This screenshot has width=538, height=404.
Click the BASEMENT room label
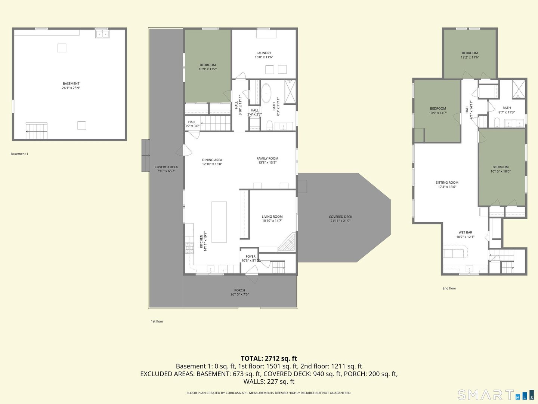(71, 84)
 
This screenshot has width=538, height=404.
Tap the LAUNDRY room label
(264, 53)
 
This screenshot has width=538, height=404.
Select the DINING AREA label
(212, 160)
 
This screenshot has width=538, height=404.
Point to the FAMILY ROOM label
(268, 159)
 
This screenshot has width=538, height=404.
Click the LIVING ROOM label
(272, 217)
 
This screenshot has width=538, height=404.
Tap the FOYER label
(250, 257)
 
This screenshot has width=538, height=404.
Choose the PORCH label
(239, 290)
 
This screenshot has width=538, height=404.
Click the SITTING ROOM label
(447, 183)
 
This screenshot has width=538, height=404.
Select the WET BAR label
(465, 232)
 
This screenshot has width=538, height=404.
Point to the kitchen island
(219, 222)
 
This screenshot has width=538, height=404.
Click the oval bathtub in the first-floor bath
(266, 94)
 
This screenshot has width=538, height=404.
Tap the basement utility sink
(102, 34)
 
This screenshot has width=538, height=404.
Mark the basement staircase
(37, 131)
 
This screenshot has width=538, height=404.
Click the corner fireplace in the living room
(287, 242)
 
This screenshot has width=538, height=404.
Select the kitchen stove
(189, 248)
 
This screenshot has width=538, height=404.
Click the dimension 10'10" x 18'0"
(501, 171)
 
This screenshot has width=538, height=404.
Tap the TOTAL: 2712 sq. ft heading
(269, 358)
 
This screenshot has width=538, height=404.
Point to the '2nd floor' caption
(449, 288)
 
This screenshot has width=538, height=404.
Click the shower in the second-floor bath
(519, 89)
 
